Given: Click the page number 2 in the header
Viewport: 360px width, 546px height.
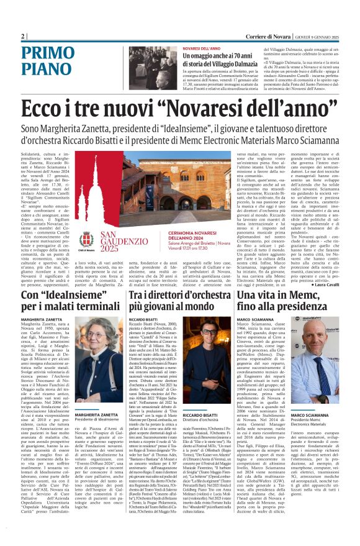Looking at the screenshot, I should click(23, 36).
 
